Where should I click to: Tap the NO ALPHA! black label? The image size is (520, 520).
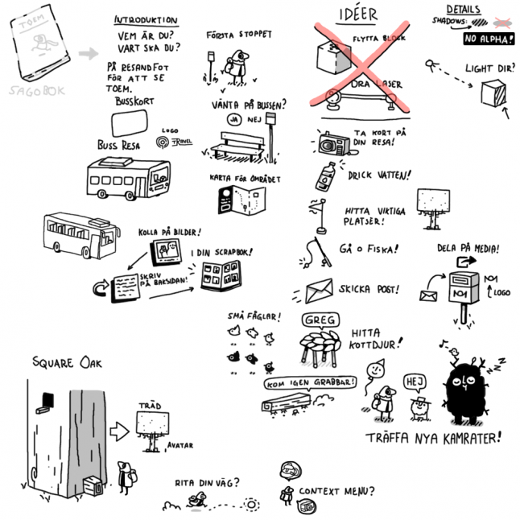pos(489,38)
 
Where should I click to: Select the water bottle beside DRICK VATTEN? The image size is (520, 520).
pos(326,175)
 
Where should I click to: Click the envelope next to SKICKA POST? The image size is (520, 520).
pos(319,289)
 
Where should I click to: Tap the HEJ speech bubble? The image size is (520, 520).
pos(415,380)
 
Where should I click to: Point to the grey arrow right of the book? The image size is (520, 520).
pos(89,54)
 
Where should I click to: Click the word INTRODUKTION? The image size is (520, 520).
pos(147,20)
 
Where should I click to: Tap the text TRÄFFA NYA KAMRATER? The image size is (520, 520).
pos(433,439)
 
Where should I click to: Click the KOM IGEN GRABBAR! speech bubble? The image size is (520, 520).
pos(309,382)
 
